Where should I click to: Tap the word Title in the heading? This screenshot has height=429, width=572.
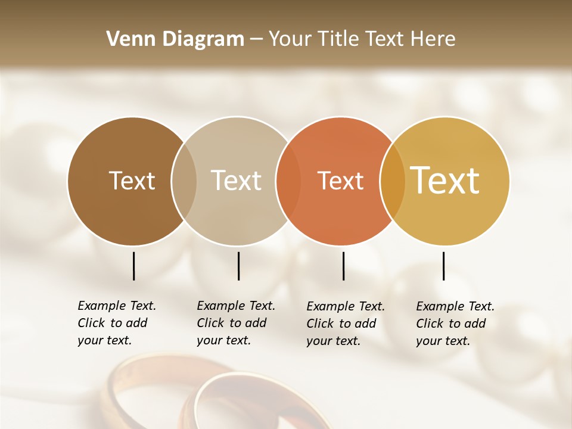pyautogui.click(x=338, y=39)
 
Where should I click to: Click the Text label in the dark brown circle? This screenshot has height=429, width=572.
pyautogui.click(x=132, y=181)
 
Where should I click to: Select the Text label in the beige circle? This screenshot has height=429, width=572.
pyautogui.click(x=236, y=181)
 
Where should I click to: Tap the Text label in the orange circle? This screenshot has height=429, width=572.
pyautogui.click(x=340, y=181)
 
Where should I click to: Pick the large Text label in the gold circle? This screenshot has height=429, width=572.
pyautogui.click(x=445, y=181)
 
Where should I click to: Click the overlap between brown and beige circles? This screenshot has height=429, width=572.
pyautogui.click(x=184, y=181)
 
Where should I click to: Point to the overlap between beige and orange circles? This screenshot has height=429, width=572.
pyautogui.click(x=288, y=181)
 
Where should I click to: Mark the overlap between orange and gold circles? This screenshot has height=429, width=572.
pyautogui.click(x=393, y=181)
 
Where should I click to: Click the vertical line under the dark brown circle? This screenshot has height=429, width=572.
pyautogui.click(x=133, y=266)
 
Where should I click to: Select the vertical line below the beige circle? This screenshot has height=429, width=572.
pyautogui.click(x=238, y=266)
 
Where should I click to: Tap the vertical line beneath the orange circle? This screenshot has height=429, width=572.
pyautogui.click(x=344, y=266)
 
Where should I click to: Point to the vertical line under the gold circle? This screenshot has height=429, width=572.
pyautogui.click(x=444, y=266)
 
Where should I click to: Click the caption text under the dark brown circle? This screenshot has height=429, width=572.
pyautogui.click(x=117, y=323)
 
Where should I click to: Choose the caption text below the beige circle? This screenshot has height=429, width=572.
pyautogui.click(x=236, y=323)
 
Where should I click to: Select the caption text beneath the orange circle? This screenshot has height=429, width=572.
pyautogui.click(x=346, y=324)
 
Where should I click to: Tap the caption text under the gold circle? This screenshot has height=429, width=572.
pyautogui.click(x=455, y=324)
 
